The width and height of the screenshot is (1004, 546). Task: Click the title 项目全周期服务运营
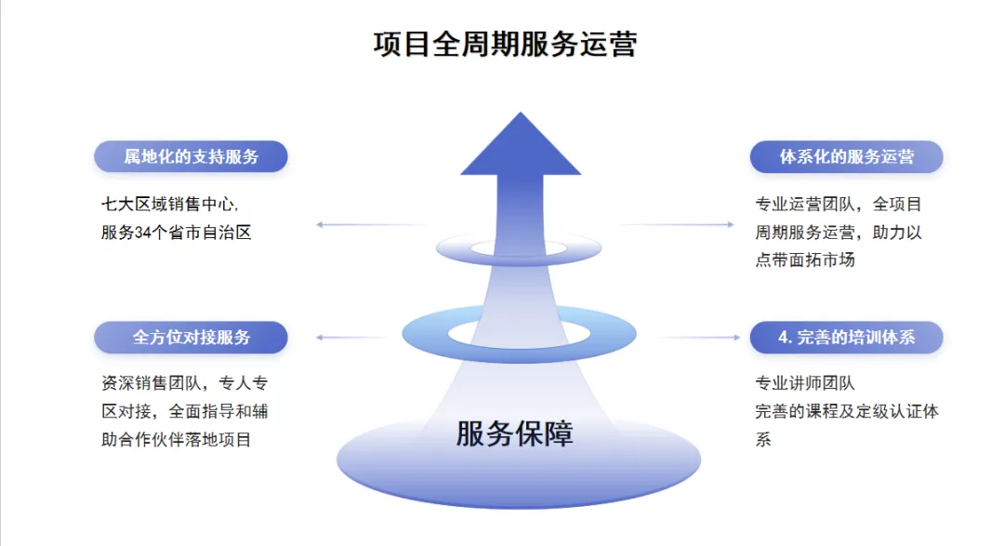coord(505,45)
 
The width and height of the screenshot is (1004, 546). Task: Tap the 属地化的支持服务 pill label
coord(191,157)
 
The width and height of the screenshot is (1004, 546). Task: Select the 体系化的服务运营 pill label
coord(846,157)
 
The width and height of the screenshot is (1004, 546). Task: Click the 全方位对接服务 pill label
coord(191,338)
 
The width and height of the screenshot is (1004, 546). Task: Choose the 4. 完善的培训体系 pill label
coord(846,338)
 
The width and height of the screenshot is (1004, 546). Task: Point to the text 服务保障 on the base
coord(515,433)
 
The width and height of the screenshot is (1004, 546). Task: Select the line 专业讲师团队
coord(805,383)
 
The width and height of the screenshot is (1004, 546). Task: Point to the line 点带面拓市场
coord(805,260)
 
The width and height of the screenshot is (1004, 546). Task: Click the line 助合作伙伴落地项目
coord(177,439)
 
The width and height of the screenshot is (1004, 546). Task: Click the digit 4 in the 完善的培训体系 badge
coord(783,338)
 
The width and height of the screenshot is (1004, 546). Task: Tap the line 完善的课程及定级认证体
coord(846,411)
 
